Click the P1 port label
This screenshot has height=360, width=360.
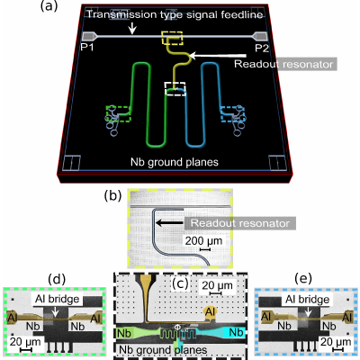pyautogui.click(x=87, y=48)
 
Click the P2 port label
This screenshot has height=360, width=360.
pyautogui.click(x=262, y=48)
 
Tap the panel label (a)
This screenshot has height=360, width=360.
pyautogui.click(x=49, y=6)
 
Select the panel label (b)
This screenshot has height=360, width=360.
pyautogui.click(x=112, y=195)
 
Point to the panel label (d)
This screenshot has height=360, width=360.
pyautogui.click(x=57, y=279)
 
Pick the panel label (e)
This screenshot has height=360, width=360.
pyautogui.click(x=303, y=279)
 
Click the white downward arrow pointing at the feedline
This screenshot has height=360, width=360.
pyautogui.click(x=132, y=28)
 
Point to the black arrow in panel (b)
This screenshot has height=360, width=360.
pyautogui.click(x=169, y=223)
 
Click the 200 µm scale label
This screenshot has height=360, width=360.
pyautogui.click(x=203, y=240)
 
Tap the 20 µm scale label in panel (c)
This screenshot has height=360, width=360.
pyautogui.click(x=217, y=285)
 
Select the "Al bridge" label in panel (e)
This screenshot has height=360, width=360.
pyautogui.click(x=308, y=299)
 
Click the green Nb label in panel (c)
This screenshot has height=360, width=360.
pyautogui.click(x=124, y=333)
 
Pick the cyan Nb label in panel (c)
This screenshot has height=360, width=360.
pyautogui.click(x=236, y=332)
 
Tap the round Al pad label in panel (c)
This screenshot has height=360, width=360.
pyautogui.click(x=211, y=312)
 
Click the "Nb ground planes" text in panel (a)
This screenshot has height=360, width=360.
pyautogui.click(x=175, y=162)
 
